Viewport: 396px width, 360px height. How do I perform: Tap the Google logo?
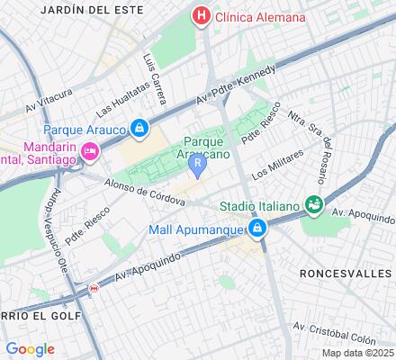point(30,349)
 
